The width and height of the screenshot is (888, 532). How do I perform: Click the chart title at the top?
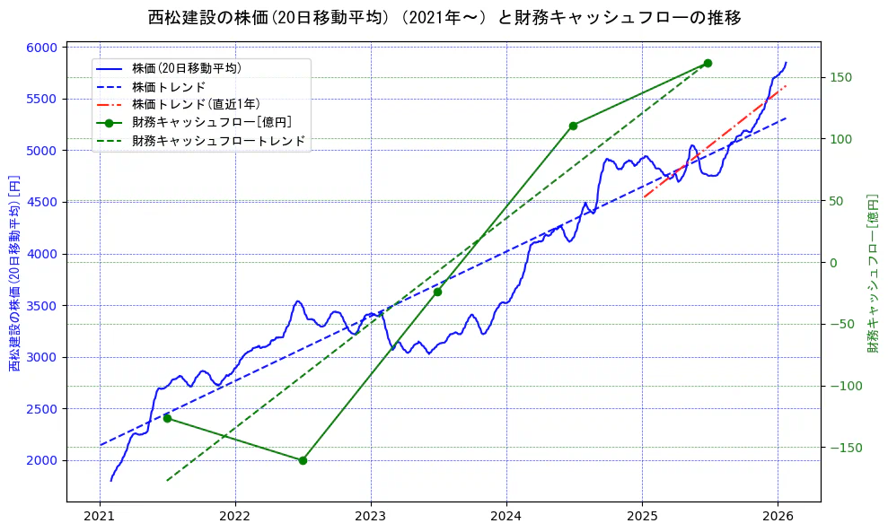point(444,17)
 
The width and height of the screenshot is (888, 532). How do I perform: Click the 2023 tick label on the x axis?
point(371,517)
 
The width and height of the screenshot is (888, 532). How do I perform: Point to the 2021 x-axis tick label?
point(100,517)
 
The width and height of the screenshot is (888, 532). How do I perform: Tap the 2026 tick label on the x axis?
point(778,517)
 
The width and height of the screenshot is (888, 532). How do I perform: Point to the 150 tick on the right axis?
point(839,77)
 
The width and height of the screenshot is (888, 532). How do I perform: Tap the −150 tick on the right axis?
point(842,448)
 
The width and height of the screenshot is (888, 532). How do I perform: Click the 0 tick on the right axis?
point(831,263)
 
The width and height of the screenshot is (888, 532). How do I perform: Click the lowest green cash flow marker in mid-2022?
point(303,460)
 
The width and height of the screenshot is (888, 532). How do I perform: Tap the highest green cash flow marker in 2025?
point(708,63)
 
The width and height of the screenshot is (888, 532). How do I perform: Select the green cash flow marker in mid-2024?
point(573,126)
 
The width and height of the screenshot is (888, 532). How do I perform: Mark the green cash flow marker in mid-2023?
point(437,292)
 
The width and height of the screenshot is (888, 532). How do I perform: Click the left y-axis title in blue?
point(13,274)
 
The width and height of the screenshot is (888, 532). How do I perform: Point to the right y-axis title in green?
point(873,274)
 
